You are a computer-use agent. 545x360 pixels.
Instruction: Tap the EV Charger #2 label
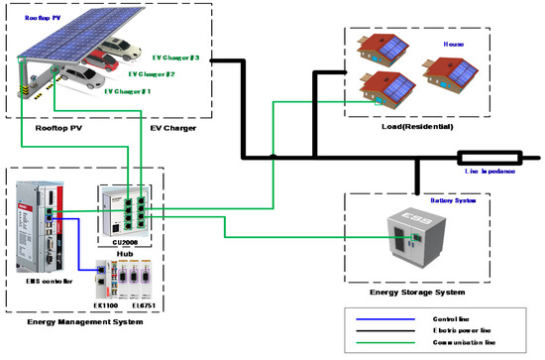[x=152, y=74]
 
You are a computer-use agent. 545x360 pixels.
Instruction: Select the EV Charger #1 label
[x=129, y=91]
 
